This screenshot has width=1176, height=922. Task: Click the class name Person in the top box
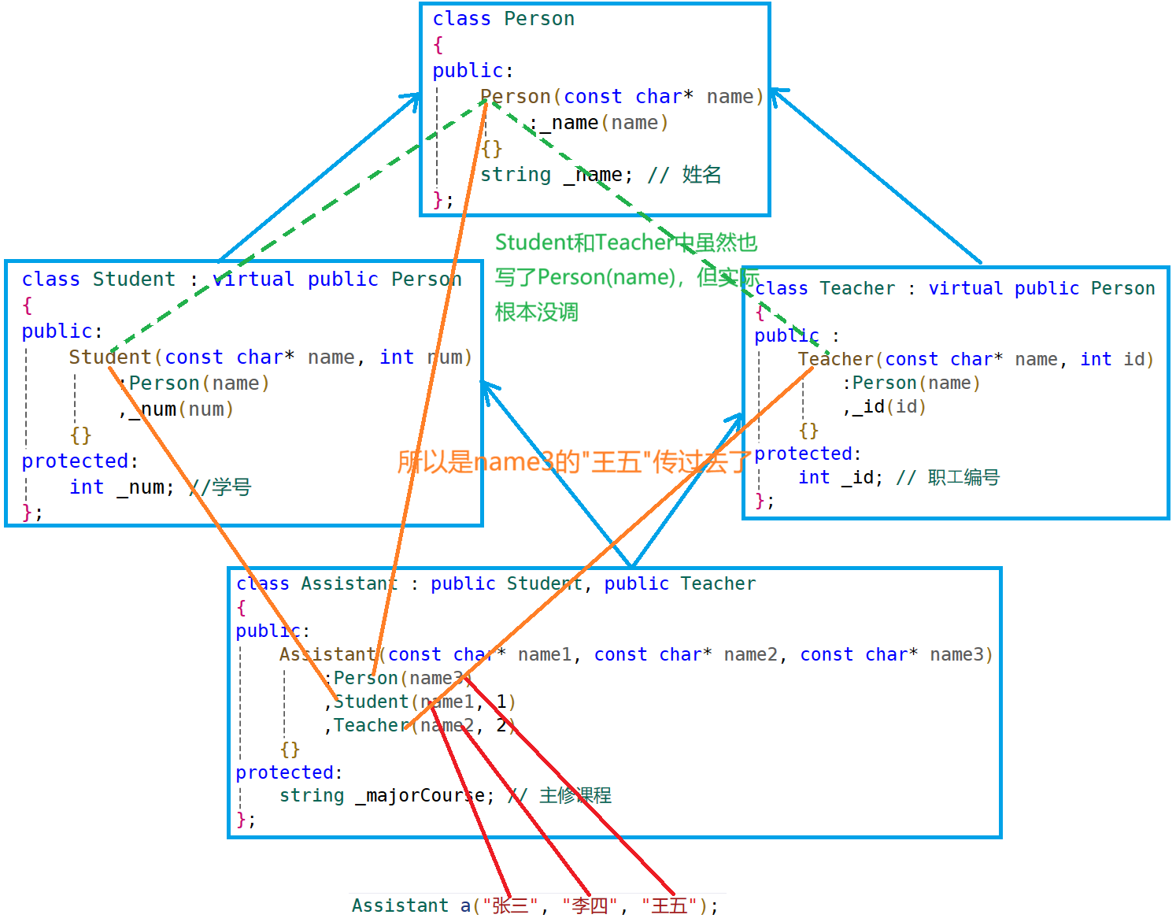539,19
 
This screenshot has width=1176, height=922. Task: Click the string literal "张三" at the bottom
511,905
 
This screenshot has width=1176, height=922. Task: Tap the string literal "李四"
590,905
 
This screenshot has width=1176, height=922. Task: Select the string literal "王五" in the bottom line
669,905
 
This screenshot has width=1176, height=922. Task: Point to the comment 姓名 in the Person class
701,175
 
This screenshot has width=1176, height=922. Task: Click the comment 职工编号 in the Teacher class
963,478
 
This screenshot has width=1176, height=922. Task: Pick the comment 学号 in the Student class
231,487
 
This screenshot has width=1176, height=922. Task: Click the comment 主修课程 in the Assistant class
575,796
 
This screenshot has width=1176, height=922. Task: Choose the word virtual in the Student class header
253,280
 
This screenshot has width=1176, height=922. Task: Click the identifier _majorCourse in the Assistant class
420,796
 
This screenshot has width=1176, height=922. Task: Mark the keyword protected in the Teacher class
803,454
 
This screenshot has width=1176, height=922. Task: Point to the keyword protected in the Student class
75,461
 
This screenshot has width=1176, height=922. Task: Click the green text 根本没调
537,313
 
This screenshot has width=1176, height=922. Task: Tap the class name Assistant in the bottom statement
400,905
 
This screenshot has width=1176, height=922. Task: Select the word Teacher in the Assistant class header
718,584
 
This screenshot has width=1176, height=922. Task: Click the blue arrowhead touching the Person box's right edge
778,95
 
